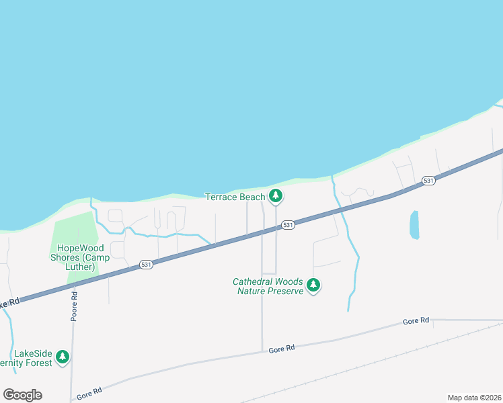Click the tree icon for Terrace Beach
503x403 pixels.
click(275, 196)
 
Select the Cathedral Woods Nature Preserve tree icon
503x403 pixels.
click(313, 285)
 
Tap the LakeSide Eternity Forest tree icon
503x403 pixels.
click(63, 356)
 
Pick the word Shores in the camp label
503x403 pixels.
click(66, 257)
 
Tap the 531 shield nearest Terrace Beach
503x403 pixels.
click(288, 225)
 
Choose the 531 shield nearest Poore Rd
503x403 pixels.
click(147, 265)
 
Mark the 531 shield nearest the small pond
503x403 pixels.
click(428, 181)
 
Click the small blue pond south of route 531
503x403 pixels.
click(414, 225)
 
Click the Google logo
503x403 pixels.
click(22, 394)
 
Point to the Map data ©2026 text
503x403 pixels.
click(475, 398)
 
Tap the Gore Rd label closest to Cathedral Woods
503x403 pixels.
click(282, 349)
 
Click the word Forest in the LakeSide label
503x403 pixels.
click(39, 363)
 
